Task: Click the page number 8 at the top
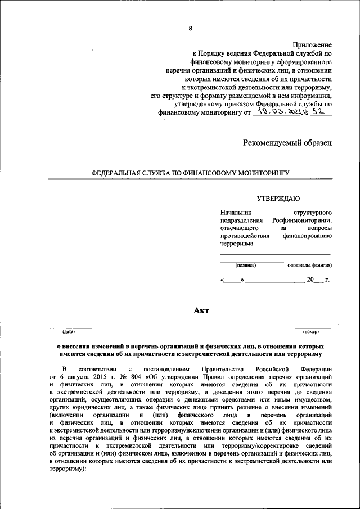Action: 191,28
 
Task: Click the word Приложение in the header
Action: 312,44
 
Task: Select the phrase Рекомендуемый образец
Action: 287,143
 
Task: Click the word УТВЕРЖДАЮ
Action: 278,198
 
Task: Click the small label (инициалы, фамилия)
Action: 309,264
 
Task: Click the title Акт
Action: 201,310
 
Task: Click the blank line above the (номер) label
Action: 313,327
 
